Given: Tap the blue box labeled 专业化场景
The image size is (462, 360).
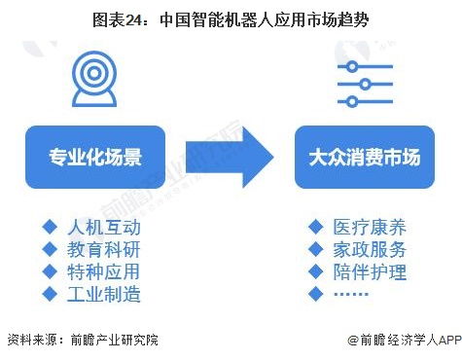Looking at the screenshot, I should click(x=94, y=158).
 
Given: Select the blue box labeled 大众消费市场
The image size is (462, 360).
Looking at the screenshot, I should click(x=364, y=158).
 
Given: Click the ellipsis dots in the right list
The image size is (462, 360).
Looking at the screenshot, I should click(x=351, y=294).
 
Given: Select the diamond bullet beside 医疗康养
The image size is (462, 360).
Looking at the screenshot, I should click(x=315, y=228).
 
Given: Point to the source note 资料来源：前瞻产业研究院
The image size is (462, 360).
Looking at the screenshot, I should click(x=82, y=341).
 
